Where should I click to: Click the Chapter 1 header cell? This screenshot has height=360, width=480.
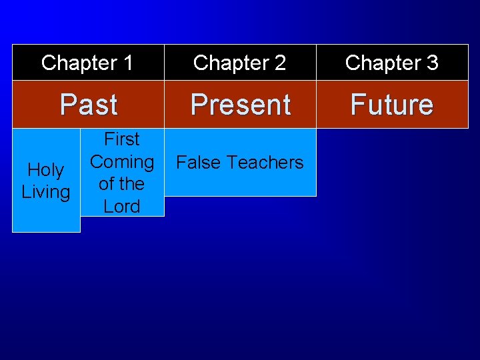87,63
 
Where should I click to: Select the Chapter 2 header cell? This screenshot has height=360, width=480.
239,63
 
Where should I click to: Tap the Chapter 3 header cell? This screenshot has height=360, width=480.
391,63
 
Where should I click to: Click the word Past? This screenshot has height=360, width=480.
88,105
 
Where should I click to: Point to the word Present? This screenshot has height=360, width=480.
240,105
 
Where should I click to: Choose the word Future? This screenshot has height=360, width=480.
392,105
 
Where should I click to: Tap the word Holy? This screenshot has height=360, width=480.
46,171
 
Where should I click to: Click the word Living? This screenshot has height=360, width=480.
46,193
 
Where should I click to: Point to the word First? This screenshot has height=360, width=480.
122,139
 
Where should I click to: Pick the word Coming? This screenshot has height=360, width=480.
122,161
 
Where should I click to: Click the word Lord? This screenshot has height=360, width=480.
122,207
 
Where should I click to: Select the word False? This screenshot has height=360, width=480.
198,163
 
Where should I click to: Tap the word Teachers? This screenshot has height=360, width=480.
265,163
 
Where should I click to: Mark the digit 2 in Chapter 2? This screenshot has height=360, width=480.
279,63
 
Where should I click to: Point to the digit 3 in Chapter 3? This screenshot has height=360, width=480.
432,63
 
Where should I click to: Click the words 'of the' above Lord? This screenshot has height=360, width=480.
122,184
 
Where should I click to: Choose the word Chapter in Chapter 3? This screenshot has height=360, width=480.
381,63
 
